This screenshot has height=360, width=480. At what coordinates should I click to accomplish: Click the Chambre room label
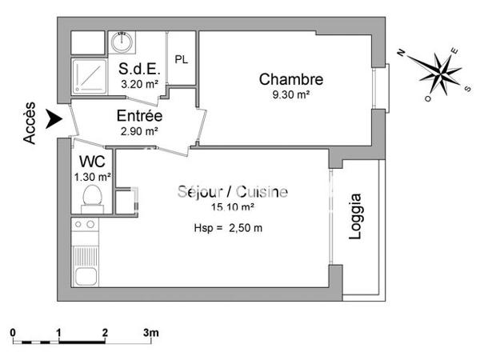(290, 79)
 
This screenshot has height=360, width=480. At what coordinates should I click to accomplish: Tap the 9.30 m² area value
(290, 94)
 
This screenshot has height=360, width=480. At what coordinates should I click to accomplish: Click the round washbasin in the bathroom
(122, 41)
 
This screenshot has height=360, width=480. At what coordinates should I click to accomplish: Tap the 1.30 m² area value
(92, 177)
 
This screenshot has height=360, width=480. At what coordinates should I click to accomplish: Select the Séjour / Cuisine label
(232, 192)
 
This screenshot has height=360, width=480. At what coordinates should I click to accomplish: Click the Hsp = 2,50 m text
(228, 228)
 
